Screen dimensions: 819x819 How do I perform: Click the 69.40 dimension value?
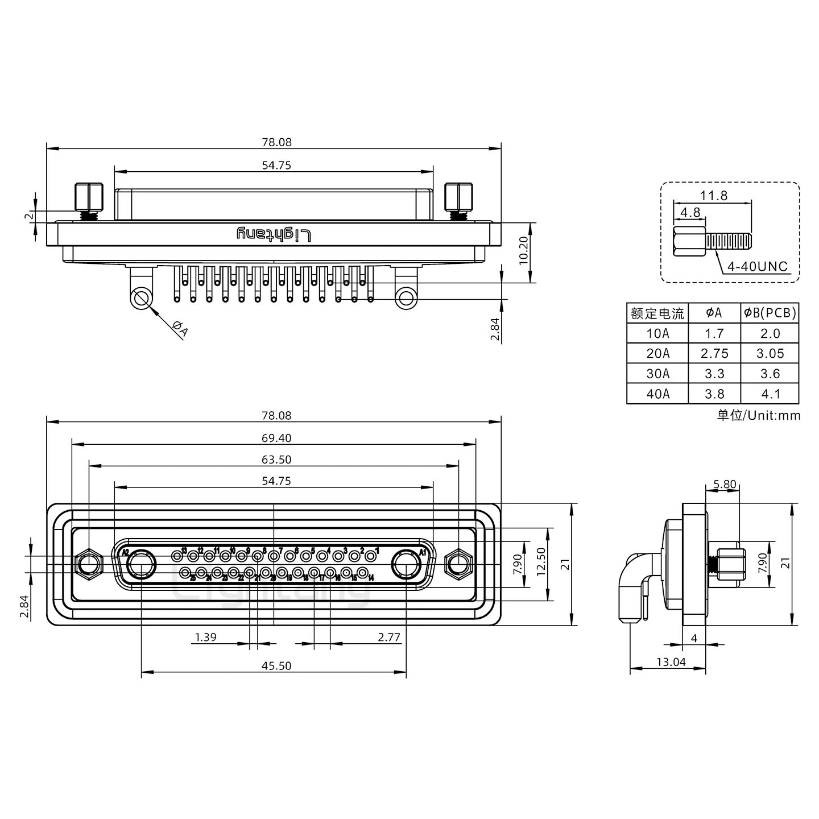(276, 438)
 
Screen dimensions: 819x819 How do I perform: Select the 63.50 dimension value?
(276, 460)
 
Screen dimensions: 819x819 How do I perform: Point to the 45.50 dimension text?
(276, 665)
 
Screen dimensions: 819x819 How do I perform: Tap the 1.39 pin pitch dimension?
(205, 637)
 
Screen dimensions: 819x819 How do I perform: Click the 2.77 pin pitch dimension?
(389, 637)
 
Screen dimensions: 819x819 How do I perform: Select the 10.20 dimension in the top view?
(524, 251)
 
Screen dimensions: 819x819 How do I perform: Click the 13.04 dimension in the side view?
(671, 661)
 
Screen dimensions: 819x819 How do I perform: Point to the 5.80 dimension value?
(724, 485)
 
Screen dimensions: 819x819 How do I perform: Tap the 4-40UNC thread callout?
(758, 267)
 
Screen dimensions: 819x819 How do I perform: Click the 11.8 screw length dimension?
(713, 195)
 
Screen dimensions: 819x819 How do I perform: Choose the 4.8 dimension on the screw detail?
(690, 213)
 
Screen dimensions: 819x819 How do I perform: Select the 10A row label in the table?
(657, 333)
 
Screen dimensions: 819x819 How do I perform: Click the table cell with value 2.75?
(714, 353)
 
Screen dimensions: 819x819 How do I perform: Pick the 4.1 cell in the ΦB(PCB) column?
(770, 394)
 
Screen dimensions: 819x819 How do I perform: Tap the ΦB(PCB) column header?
(770, 313)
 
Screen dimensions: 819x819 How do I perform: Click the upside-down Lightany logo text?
(274, 234)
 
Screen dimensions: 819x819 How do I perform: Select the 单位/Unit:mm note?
(758, 415)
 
